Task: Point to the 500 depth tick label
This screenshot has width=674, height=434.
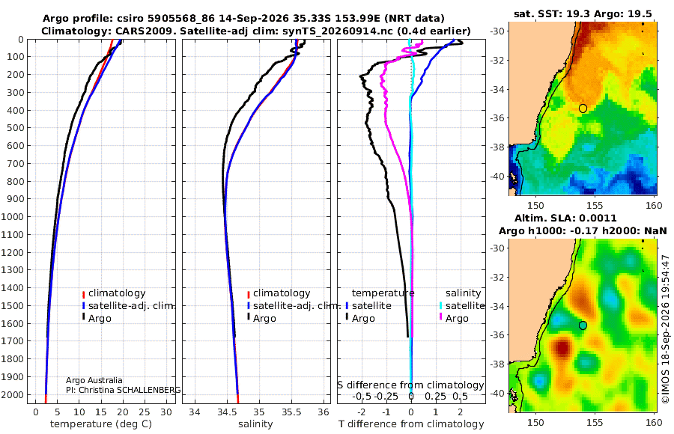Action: (x=15, y=128)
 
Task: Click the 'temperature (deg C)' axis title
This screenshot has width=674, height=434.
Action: (x=101, y=424)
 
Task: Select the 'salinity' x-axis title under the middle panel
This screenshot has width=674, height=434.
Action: (x=255, y=424)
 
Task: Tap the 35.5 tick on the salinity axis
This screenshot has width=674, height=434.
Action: (x=291, y=412)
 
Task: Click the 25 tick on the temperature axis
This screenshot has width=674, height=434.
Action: (x=145, y=412)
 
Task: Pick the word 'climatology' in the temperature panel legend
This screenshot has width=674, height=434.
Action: (x=117, y=293)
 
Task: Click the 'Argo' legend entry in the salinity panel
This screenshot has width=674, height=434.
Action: (x=264, y=319)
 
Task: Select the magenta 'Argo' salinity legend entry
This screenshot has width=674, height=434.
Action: (x=457, y=319)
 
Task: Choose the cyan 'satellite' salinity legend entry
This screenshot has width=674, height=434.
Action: (x=465, y=306)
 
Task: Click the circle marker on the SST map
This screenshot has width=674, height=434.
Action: (x=583, y=109)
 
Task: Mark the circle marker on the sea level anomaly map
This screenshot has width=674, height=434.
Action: (x=583, y=325)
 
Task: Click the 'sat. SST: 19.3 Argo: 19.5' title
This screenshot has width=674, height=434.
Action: (x=583, y=14)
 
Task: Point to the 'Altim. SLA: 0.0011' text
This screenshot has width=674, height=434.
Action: (x=565, y=218)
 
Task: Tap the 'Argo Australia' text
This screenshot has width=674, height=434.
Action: (x=94, y=380)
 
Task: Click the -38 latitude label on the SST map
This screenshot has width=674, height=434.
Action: (x=497, y=147)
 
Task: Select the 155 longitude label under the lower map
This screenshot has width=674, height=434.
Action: (x=595, y=422)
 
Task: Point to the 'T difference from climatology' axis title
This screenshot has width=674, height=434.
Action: (x=411, y=424)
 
